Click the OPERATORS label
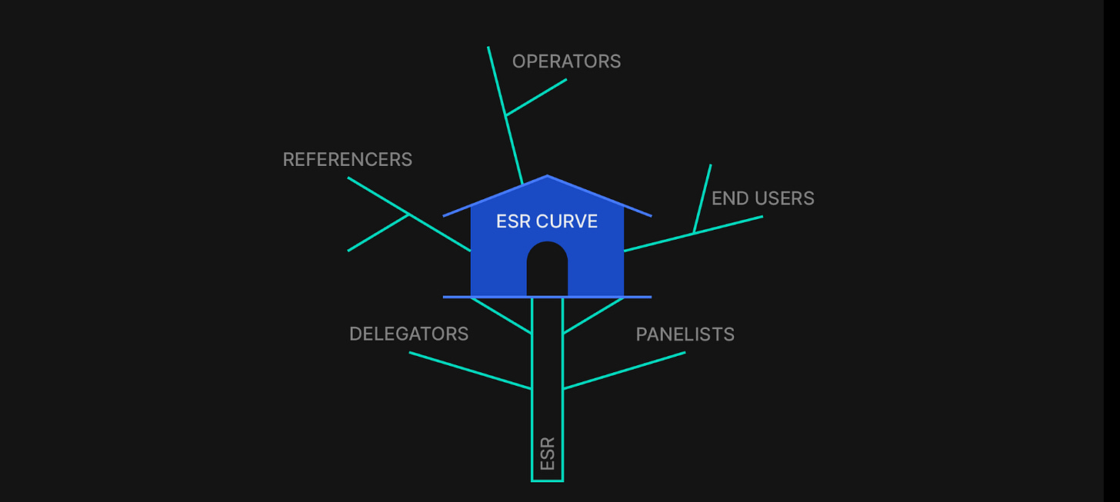pos(566,62)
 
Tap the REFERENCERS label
pos(347,159)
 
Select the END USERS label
pos(762,198)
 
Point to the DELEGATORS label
pos(408,334)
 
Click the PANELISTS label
pos(685,334)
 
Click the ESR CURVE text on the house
pos(547,221)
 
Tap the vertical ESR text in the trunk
pos(548,454)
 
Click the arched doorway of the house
pos(547,271)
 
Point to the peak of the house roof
pos(547,176)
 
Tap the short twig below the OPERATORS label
pos(536,98)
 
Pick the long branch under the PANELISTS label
pos(624,371)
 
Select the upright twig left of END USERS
pos(702,198)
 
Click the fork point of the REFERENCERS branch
pos(408,214)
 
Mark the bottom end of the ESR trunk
pos(547,480)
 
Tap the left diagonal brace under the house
pos(501,315)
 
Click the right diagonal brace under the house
pos(593,315)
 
